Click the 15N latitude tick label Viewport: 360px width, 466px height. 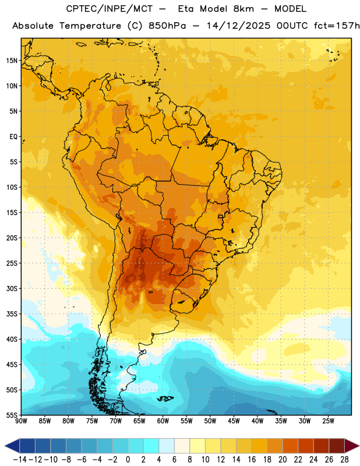pos(12,61)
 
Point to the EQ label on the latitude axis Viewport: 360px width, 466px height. pos(13,137)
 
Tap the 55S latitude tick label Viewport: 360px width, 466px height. pos(12,415)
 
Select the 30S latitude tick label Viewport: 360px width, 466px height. pos(12,288)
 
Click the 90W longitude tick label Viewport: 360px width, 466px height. pos(21,421)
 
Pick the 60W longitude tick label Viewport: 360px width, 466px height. pos(163,421)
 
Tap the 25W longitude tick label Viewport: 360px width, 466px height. pos(329,421)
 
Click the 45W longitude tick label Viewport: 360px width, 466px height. pos(234,421)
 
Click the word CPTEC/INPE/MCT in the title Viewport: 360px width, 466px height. pos(110,9)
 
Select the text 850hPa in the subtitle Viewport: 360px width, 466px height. pos(167,26)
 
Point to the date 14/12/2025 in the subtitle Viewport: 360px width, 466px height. pos(239,26)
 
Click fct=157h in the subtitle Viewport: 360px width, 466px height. pos(337,26)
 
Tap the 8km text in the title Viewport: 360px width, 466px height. pos(243,9)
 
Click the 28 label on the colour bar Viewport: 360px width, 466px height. pos(345,460)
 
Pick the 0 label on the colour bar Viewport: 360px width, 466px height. pos(128,460)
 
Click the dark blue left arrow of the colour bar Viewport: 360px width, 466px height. pos(12,446)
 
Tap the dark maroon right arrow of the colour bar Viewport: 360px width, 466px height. pos(352,446)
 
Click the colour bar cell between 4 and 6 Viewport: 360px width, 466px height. pos(167,446)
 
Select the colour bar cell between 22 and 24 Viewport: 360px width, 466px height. pos(306,446)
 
